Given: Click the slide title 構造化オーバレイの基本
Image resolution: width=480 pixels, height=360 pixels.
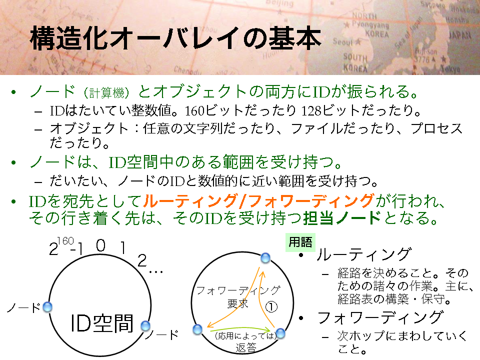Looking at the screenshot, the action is pos(175,38).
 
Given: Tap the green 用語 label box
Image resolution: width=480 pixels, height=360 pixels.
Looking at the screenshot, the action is pos(300,242).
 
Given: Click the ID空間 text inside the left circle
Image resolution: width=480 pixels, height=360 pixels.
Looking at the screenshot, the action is pos(102,323).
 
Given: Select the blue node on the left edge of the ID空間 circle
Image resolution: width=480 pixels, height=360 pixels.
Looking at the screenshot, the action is pos(47,306).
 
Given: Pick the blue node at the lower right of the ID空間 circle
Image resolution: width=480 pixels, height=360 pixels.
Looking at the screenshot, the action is pos(145,325).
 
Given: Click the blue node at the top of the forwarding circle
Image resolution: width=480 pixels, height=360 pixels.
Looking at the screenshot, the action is pos(265,258).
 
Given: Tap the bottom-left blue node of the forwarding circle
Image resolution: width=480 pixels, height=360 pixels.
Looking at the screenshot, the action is pos(198,329).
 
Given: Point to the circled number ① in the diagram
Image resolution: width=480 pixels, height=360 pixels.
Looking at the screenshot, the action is pos(271,306).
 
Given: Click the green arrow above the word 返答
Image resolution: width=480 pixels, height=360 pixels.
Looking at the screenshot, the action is pos(240,329).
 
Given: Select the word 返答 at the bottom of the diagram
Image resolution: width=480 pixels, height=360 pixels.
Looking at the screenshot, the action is pos(246,348).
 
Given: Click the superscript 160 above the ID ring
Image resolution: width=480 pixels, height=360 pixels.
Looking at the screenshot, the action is pos(65,241).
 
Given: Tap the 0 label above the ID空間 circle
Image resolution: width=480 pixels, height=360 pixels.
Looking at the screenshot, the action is pos(100,245).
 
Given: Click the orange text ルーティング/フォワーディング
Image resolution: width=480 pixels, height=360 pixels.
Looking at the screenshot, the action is pos(258,201).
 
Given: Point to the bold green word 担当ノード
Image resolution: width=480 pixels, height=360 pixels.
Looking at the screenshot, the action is pos(342,218).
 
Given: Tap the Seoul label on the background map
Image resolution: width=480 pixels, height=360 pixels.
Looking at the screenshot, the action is pos(343,41).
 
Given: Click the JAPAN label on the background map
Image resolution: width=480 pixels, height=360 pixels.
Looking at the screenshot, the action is pos(460,35).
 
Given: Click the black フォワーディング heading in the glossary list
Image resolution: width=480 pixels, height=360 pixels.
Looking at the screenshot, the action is pos(380,317).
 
